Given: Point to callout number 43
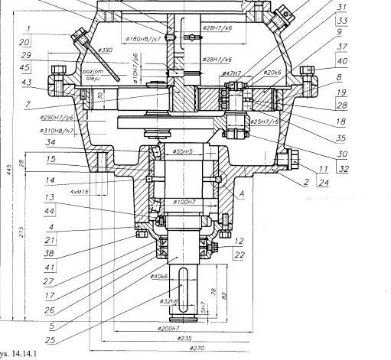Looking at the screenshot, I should [x=26, y=83].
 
